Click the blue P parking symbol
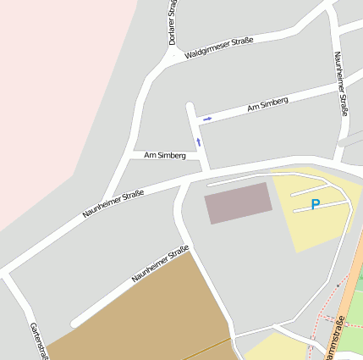(316, 204)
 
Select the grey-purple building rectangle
(239, 202)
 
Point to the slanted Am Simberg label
(267, 104)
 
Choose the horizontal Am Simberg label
(165, 156)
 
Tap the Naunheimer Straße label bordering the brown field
(160, 263)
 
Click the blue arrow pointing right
(207, 119)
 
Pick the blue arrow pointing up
(199, 141)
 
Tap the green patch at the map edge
(359, 280)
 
